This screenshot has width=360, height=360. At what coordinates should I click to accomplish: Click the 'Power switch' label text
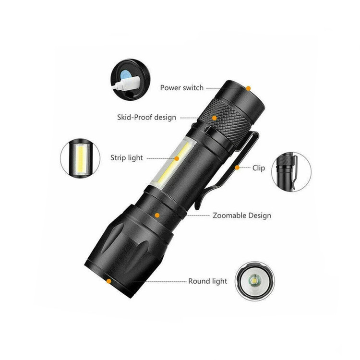point(181,88)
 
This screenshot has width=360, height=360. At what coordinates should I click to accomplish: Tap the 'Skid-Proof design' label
point(146,117)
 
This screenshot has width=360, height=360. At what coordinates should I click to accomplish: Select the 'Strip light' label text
point(127,158)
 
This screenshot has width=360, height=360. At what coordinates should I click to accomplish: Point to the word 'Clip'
point(259,168)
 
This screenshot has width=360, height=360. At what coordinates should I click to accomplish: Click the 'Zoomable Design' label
point(242,216)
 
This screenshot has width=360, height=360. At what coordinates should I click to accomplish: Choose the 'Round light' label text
point(207,281)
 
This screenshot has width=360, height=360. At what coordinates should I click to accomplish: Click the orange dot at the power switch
point(249,88)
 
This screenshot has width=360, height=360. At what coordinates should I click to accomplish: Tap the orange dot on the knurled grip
point(214,118)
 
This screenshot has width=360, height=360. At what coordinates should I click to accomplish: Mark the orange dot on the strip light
point(177,158)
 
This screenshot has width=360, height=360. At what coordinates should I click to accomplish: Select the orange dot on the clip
point(237,168)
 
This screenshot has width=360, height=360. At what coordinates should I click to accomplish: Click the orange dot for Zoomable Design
point(157,215)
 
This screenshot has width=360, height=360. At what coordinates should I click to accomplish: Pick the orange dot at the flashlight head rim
point(109,281)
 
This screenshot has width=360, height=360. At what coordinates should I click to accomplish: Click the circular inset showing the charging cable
point(131,79)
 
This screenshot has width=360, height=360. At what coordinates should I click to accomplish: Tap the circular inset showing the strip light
point(80,158)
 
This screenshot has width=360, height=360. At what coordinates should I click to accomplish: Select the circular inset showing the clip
point(291,172)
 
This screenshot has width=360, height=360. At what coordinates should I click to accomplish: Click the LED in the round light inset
point(254,281)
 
